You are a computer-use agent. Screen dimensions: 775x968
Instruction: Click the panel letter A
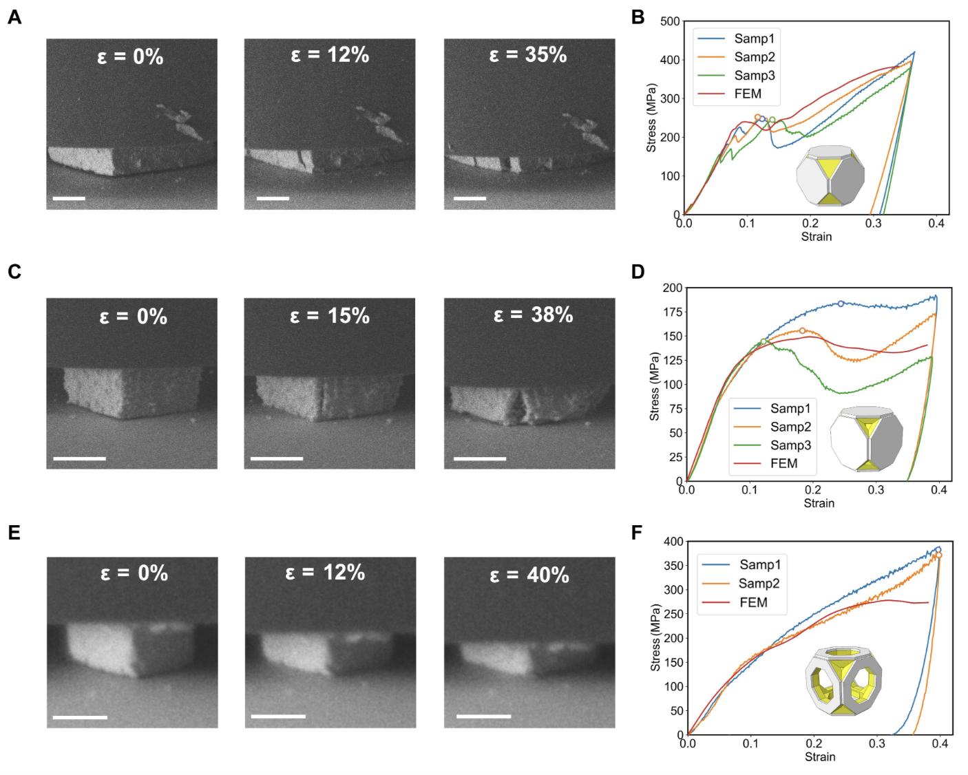pos(14,17)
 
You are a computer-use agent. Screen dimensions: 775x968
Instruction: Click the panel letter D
pos(638,272)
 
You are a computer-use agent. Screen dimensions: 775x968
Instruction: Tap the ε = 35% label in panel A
pos(528,55)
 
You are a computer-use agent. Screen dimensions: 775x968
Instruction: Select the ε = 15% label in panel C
pos(330,316)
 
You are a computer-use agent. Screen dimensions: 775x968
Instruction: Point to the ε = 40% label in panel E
pos(529,575)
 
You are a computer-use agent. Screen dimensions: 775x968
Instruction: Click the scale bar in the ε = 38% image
pos(480,458)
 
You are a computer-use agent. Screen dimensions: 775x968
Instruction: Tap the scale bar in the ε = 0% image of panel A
pos(69,198)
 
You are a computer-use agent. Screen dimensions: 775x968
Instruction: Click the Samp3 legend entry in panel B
pos(754,76)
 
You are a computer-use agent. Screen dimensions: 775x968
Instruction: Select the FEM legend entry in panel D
pos(783,464)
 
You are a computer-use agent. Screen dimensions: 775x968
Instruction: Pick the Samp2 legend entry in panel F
pos(759,584)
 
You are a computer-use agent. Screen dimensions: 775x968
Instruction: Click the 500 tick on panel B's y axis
pos(670,21)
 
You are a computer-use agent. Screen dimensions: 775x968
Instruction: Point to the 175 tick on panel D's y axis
pos(671,312)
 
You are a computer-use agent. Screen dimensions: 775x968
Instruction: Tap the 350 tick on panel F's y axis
pos(673,566)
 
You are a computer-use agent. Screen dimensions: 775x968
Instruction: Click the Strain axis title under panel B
pos(817,237)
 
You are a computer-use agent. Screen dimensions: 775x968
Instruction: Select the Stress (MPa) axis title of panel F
pos(655,638)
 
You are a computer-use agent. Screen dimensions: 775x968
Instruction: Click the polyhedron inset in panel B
pos(830,176)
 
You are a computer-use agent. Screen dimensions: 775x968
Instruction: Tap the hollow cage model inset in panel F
pos(843,681)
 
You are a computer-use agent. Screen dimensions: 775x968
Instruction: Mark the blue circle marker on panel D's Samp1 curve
pos(841,304)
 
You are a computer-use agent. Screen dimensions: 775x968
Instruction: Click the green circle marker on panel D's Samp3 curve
pos(764,341)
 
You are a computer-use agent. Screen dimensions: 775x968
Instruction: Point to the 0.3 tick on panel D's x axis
pos(876,490)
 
